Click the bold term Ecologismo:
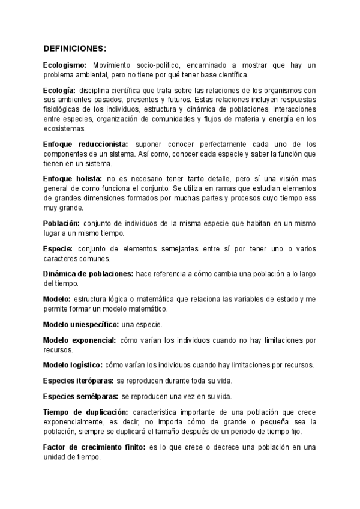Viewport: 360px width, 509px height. tap(65, 65)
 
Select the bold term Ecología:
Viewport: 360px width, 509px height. tap(59, 89)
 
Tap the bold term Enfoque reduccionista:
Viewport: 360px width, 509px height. tap(86, 145)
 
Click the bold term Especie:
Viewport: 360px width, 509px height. tap(58, 248)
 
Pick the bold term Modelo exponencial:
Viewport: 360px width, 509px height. tap(80, 340)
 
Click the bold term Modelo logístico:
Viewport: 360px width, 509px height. tap(73, 365)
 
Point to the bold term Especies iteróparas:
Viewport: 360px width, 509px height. tap(77, 381)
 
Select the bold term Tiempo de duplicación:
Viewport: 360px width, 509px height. tap(86, 412)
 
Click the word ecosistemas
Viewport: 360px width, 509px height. tap(65, 128)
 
